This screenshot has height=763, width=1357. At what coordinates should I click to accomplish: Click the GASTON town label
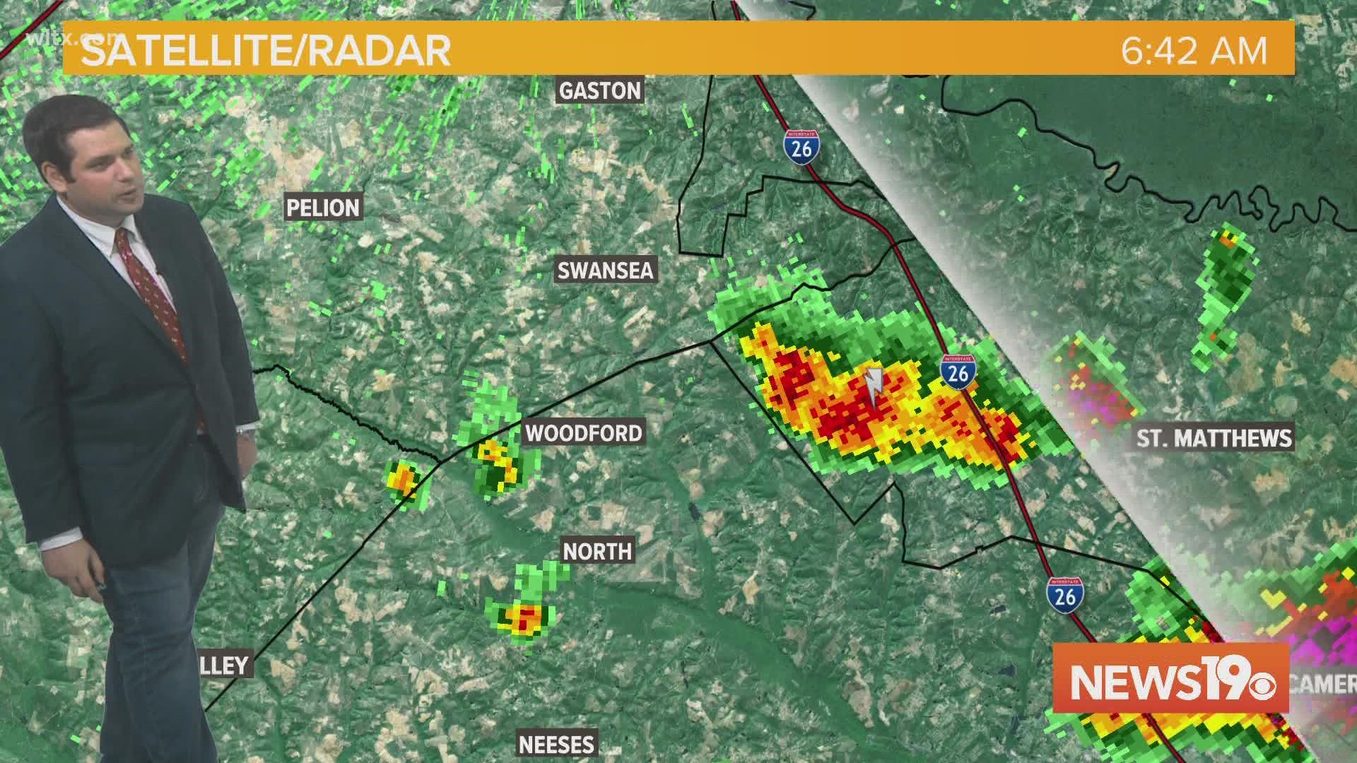tap(600, 90)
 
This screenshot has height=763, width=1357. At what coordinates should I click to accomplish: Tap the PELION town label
tap(323, 208)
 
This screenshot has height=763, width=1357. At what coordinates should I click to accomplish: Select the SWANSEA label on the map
tap(606, 271)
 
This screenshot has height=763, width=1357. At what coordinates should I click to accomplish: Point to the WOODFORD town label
tap(584, 433)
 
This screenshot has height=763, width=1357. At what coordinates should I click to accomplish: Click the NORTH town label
tap(597, 551)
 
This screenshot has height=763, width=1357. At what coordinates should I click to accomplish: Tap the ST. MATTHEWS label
tap(1214, 438)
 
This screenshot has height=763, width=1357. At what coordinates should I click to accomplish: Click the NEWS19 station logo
tap(1170, 678)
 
